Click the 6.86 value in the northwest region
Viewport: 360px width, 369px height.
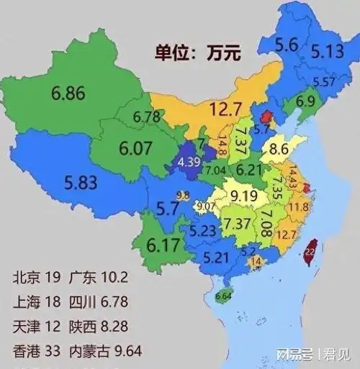click(68, 93)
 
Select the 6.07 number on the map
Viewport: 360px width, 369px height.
click(137, 149)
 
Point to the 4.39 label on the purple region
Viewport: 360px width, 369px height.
click(189, 161)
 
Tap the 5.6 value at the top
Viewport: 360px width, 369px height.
click(286, 45)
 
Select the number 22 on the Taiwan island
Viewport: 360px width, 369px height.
click(310, 252)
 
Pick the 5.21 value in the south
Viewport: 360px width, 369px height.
click(217, 257)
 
